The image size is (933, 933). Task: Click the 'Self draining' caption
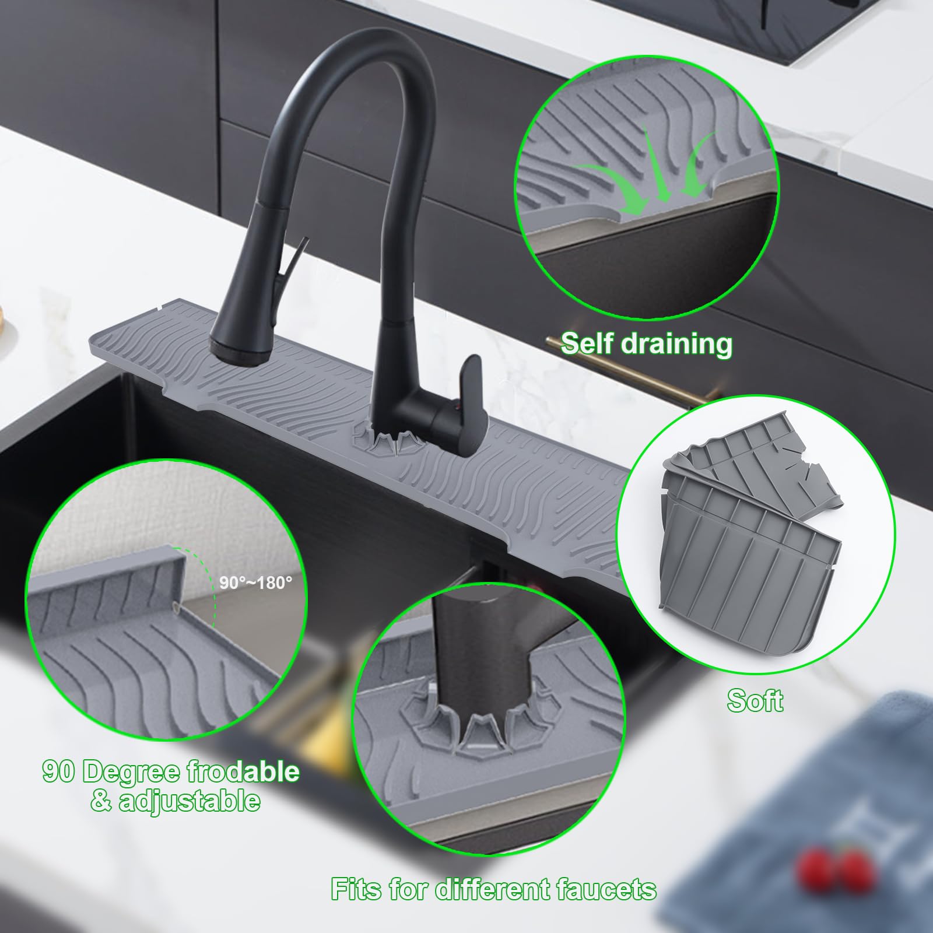(646, 343)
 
